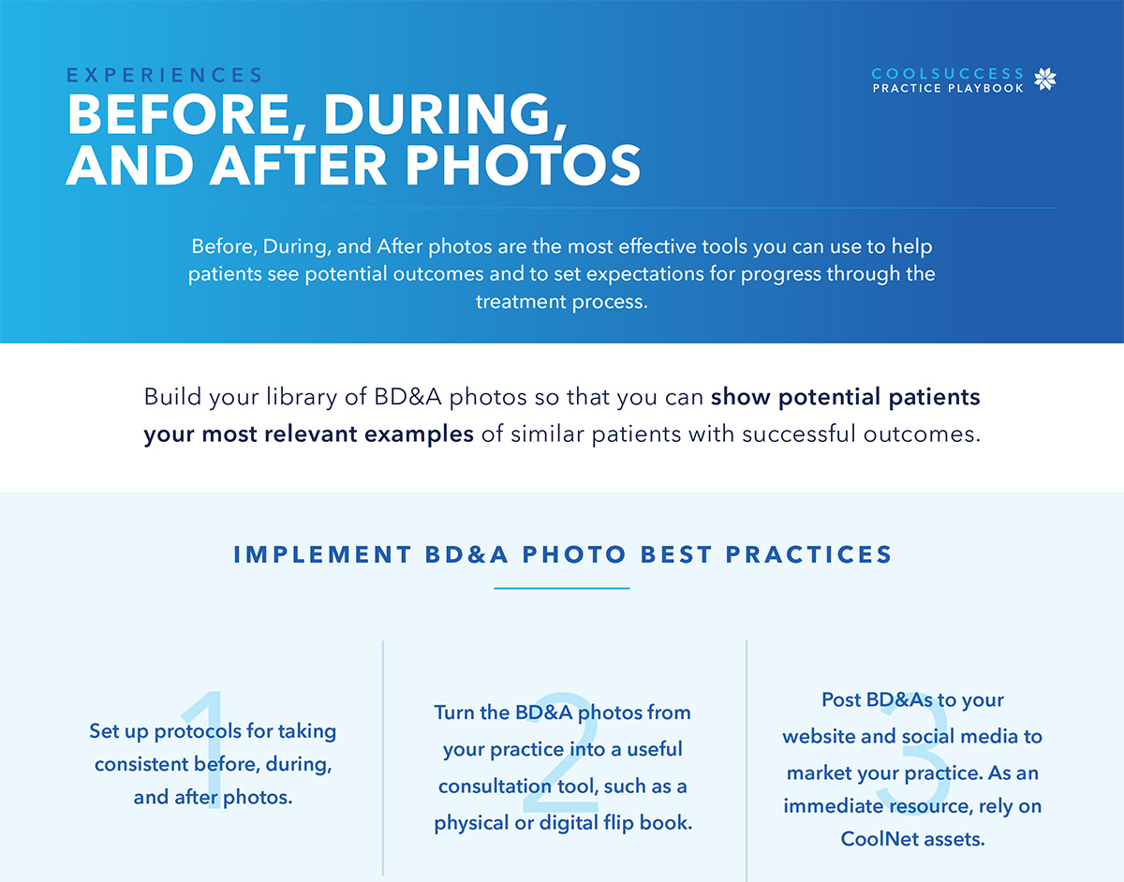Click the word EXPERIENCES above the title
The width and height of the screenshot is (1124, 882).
(x=165, y=75)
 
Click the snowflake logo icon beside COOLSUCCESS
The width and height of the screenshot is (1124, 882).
(x=1044, y=80)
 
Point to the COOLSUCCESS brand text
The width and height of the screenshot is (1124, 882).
(x=948, y=74)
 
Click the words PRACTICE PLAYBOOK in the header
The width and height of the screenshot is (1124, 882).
(x=948, y=89)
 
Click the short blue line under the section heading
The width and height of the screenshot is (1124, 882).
(x=561, y=589)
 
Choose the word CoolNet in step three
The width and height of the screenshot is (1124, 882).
(x=873, y=839)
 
